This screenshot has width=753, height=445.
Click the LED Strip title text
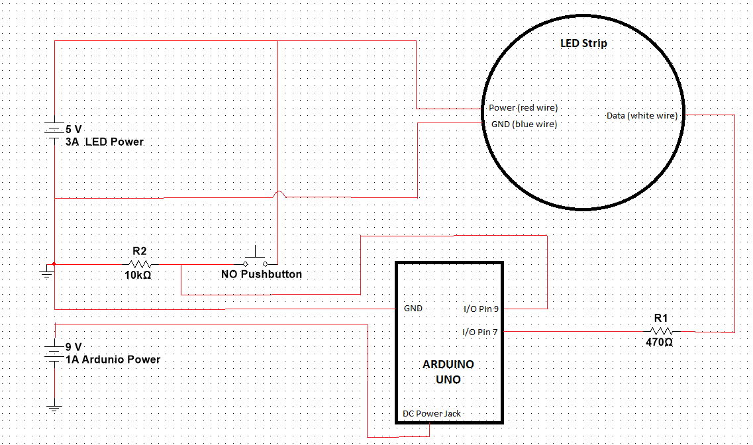[583, 43]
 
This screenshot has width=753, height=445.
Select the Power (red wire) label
[523, 107]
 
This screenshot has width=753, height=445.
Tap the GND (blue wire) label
[524, 124]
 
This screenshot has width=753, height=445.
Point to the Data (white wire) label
[642, 116]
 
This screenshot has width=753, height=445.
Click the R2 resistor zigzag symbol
[140, 264]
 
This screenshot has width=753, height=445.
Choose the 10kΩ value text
[138, 275]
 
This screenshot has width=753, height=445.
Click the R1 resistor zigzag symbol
[662, 331]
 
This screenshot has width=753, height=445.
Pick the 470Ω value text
[659, 342]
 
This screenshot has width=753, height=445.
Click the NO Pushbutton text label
[261, 274]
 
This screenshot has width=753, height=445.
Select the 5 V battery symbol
[54, 130]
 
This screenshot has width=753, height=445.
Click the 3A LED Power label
[105, 142]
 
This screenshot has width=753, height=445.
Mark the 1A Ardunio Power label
[113, 360]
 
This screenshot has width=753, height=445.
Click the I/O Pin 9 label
[481, 309]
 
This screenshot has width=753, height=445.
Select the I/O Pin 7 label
[479, 332]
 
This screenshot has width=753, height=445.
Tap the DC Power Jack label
[432, 413]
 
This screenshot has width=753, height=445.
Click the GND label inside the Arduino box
[413, 308]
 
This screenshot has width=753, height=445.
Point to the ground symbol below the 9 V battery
[54, 409]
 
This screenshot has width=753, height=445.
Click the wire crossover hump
[278, 194]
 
